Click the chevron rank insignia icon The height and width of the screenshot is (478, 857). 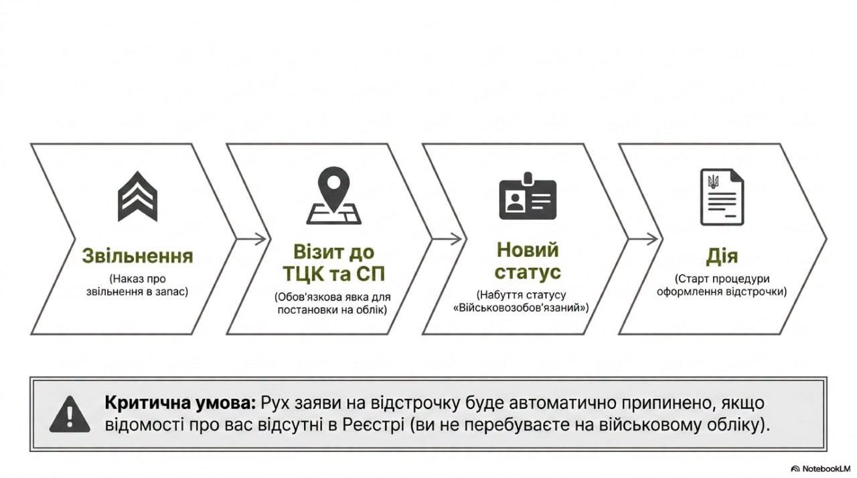137,197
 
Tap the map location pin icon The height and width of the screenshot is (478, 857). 333,195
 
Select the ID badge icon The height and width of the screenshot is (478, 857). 528,197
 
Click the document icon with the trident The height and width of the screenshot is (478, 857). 722,197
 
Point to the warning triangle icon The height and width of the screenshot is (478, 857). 70,414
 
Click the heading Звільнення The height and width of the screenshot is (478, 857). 137,256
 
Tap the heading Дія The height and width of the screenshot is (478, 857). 722,256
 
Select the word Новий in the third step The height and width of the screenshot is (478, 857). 528,250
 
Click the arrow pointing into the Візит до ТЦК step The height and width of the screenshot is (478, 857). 251,240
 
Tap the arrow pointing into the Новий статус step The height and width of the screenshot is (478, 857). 448,240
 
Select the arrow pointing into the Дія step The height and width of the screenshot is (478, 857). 643,240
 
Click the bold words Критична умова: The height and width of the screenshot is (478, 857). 180,403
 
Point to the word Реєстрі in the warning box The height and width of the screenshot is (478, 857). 374,425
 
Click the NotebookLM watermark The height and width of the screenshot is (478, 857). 821,469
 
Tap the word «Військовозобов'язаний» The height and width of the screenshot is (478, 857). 521,308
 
